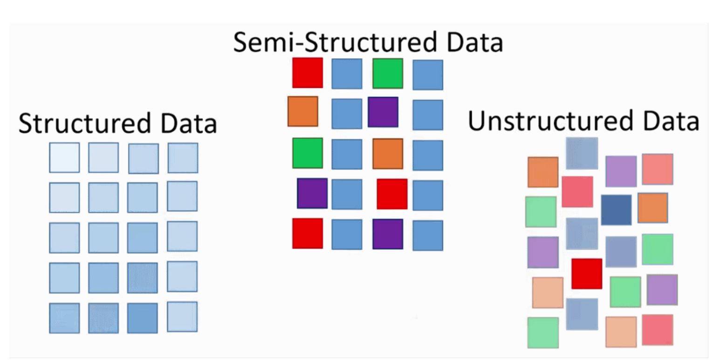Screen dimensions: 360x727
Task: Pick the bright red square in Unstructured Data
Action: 587,274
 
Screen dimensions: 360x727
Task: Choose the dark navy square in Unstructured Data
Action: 616,210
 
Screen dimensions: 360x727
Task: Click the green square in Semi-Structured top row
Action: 388,74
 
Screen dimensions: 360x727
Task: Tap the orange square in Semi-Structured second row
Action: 303,112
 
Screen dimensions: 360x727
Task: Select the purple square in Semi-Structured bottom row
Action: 388,234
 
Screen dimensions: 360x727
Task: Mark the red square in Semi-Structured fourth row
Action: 392,194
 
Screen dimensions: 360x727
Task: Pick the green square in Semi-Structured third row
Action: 308,153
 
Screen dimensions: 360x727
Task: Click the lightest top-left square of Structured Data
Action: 64,157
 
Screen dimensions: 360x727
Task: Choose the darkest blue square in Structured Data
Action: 142,318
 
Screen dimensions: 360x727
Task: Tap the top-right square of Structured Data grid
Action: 183,158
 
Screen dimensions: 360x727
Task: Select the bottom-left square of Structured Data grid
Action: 64,318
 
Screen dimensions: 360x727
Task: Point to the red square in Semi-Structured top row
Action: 308,73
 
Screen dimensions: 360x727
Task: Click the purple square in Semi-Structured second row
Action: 383,112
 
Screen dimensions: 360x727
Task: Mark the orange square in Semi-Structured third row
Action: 388,154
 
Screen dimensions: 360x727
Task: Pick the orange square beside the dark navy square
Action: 652,208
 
